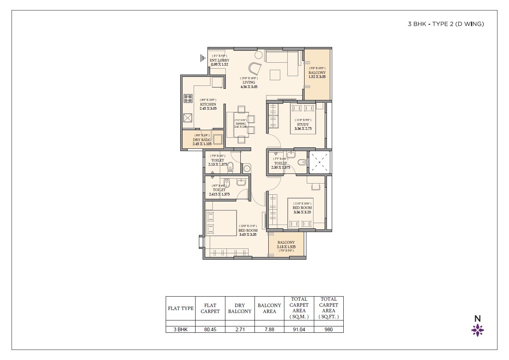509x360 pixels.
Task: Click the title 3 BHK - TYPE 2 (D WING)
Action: tap(446, 24)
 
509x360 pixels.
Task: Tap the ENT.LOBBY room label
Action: tap(219, 60)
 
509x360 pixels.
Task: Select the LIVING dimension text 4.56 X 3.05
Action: tap(249, 87)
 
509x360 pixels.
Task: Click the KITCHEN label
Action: tap(208, 104)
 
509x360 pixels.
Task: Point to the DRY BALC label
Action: tap(202, 140)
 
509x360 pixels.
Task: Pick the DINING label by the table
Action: tap(241, 123)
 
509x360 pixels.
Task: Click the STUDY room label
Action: tap(303, 124)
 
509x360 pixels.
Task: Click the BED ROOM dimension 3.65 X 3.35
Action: tap(248, 235)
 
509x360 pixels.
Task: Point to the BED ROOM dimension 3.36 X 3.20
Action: tap(302, 212)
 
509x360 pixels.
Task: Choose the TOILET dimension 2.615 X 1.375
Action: tap(219, 194)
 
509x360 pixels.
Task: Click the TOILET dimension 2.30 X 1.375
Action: tap(281, 168)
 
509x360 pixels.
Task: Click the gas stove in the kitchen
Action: tap(188, 98)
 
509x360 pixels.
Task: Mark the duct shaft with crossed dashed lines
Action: tap(319, 162)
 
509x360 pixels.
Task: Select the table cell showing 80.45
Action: tap(210, 329)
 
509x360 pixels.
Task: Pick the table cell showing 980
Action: tap(328, 329)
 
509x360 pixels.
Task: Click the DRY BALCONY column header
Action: tap(240, 308)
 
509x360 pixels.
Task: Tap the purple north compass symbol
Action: tap(477, 330)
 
